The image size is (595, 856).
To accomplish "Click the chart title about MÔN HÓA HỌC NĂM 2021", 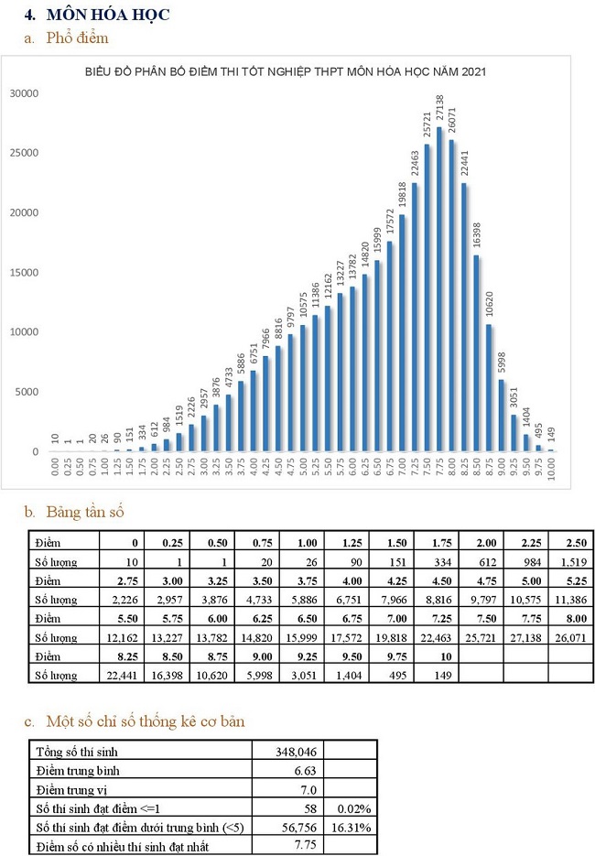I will tap(285, 70).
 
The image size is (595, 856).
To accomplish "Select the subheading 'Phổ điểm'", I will tap(77, 38).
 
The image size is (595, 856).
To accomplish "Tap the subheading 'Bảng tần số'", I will tap(83, 512).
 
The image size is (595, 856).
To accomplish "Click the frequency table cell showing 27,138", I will tap(529, 636).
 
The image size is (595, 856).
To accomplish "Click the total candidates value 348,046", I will tap(295, 752).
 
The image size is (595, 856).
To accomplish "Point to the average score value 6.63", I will tap(306, 771).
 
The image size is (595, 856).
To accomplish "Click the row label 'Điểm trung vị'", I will tap(73, 789).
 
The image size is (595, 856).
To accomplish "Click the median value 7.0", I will tap(308, 789).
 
